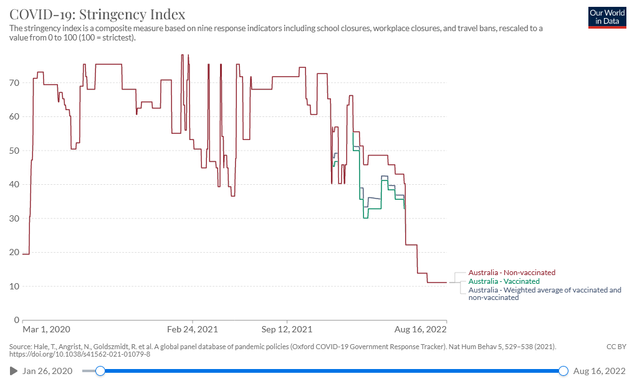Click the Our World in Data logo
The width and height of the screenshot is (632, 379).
tap(606, 17)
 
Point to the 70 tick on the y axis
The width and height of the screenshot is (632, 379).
tap(14, 83)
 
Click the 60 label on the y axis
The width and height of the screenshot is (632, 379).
tap(14, 117)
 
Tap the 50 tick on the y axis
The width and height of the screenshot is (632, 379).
tap(14, 151)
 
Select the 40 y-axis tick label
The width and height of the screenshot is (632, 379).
tap(14, 185)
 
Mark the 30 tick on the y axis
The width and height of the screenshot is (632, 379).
tap(14, 218)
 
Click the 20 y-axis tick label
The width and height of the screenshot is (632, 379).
tap(14, 253)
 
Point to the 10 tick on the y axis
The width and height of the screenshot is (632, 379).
tap(14, 286)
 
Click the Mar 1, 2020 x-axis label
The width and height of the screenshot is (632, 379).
tap(46, 329)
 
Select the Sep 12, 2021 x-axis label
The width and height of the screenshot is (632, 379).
tap(287, 329)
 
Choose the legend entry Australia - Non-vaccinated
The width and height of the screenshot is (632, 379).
tap(512, 273)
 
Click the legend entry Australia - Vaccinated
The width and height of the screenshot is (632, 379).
tap(504, 281)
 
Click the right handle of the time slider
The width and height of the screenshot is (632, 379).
tap(563, 371)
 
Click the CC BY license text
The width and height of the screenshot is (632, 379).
tap(616, 346)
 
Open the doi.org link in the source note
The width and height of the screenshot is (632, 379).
tap(80, 355)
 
